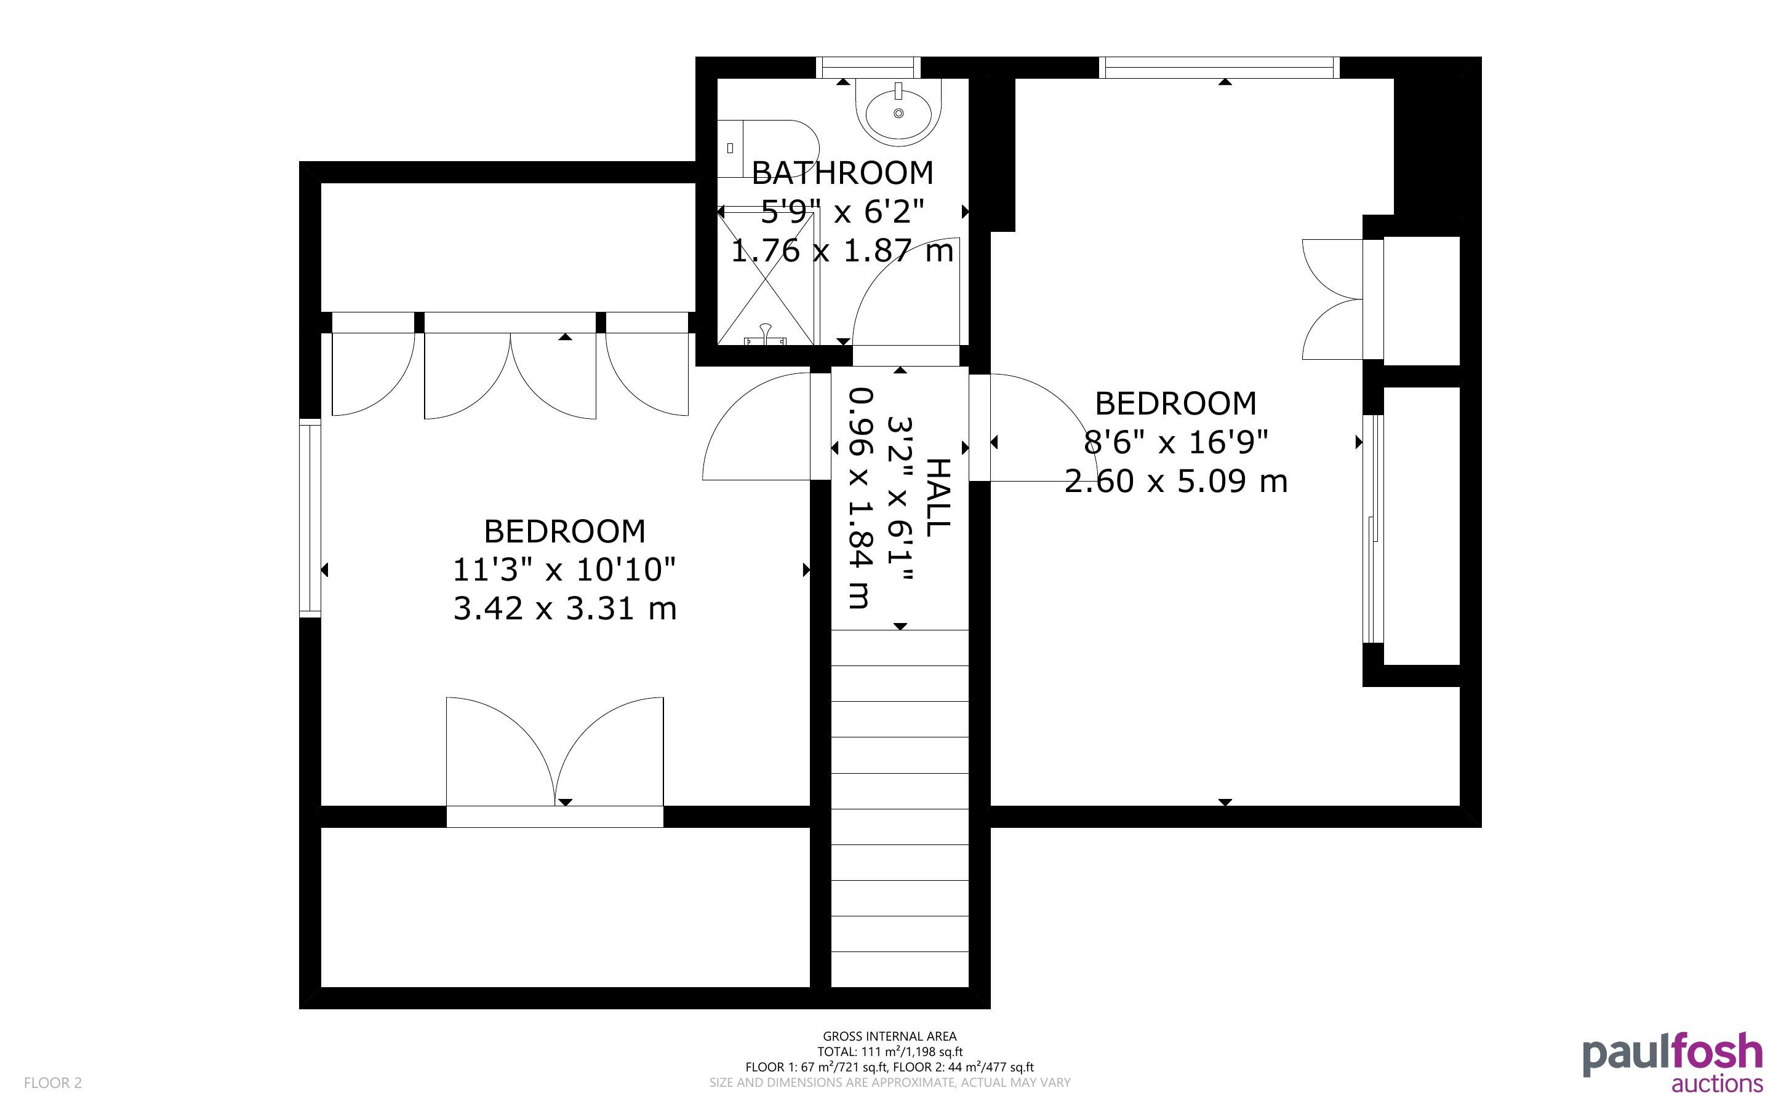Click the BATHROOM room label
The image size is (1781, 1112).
point(842,173)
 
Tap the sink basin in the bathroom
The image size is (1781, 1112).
point(899,112)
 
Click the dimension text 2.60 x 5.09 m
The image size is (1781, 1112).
point(1175,482)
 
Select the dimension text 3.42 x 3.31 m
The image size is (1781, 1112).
point(564,609)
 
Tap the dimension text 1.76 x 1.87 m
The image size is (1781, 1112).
point(842,251)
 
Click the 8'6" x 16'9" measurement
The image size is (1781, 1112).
point(1176,443)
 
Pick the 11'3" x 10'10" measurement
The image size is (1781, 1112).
point(564,570)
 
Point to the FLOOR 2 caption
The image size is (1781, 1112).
point(53,1082)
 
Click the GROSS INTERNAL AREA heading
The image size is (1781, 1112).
point(889,1036)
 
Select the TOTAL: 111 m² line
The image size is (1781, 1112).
point(889,1052)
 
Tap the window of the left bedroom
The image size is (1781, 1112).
point(310,518)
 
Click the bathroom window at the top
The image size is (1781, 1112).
point(868,68)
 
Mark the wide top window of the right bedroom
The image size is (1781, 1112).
point(1219,68)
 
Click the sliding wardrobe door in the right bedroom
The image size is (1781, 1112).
point(1373,530)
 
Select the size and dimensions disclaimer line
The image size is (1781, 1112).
point(889,1082)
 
